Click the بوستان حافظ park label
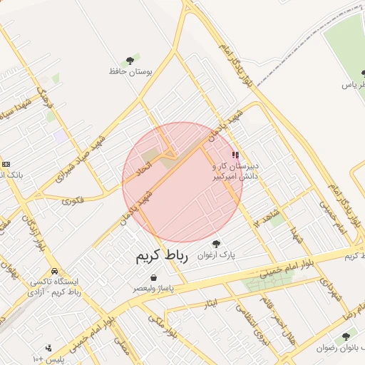coord(128,71)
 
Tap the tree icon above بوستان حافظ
coord(129,61)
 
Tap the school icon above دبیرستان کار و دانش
coord(235,155)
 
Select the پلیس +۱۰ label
coord(48,357)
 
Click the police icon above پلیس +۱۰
coord(48,348)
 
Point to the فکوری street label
coord(72,201)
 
